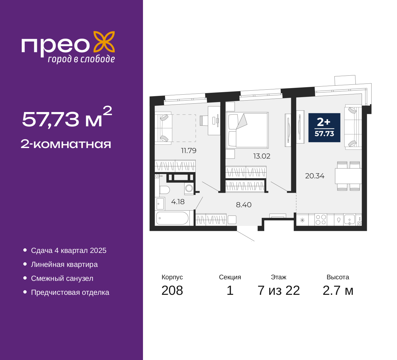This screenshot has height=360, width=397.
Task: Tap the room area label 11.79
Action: click(189, 151)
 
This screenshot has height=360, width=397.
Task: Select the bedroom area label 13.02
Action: click(262, 156)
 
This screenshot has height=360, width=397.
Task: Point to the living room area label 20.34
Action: click(315, 176)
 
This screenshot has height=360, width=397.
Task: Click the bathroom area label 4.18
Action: click(178, 202)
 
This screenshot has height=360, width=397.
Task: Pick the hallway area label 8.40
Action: click(243, 205)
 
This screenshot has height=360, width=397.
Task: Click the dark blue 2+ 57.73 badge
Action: click(324, 128)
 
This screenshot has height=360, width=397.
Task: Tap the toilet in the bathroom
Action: click(165, 190)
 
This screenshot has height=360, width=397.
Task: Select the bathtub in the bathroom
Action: click(172, 218)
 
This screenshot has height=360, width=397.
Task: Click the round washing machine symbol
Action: click(189, 188)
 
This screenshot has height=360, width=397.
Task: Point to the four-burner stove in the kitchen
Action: click(321, 220)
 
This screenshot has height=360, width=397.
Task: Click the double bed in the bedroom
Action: click(247, 130)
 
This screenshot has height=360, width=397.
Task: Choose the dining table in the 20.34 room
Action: click(348, 176)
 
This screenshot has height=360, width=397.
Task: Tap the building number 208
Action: click(172, 290)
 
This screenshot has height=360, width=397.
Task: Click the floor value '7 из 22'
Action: click(279, 290)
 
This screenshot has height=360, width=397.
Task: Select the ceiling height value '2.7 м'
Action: click(338, 290)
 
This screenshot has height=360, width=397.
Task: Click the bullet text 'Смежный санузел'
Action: click(62, 278)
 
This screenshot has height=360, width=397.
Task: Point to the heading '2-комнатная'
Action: click(66, 144)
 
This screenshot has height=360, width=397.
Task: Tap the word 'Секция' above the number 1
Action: click(230, 277)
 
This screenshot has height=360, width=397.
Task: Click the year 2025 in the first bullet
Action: click(98, 250)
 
